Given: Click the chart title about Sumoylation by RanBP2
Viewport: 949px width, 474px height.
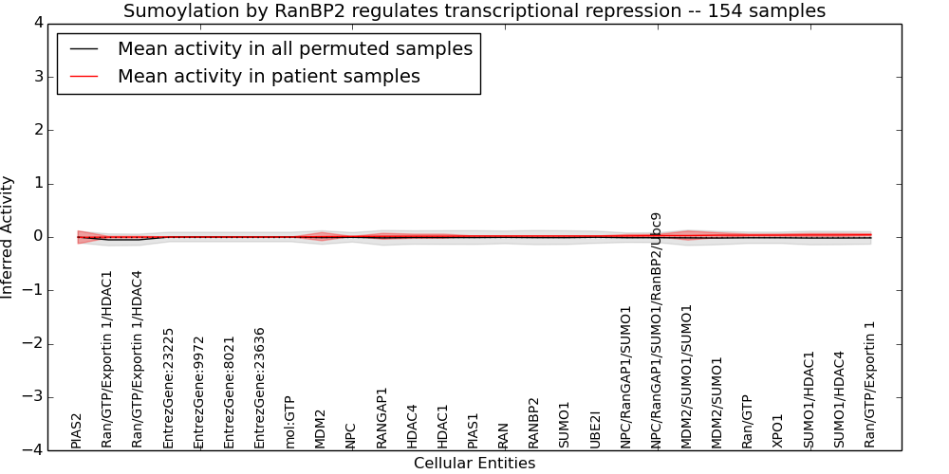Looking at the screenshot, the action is point(474,10).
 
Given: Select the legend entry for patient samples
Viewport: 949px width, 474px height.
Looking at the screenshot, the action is point(269,76).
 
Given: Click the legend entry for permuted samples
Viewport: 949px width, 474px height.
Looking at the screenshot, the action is point(295,48).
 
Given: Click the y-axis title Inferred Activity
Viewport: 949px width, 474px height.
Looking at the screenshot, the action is point(7,237).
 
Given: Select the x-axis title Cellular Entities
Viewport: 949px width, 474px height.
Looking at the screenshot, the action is point(474,464).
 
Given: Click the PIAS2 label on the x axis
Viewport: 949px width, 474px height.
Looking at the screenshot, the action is point(76,431).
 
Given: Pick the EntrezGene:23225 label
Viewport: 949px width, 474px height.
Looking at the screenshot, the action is point(168,388).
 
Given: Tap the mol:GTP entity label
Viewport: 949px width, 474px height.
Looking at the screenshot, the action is point(289,423).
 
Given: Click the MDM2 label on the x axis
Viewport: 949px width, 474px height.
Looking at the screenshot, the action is point(320,429).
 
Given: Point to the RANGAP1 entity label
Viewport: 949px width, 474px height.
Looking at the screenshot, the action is point(381,418).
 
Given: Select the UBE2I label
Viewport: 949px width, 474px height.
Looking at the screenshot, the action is point(594,430).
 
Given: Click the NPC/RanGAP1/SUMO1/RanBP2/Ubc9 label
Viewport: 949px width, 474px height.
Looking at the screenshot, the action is point(656,331).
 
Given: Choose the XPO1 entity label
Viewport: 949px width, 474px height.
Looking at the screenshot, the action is point(777,431).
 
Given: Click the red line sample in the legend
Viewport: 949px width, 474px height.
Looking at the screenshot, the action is point(84,76).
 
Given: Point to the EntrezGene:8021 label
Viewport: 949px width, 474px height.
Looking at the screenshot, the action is point(229,393).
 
